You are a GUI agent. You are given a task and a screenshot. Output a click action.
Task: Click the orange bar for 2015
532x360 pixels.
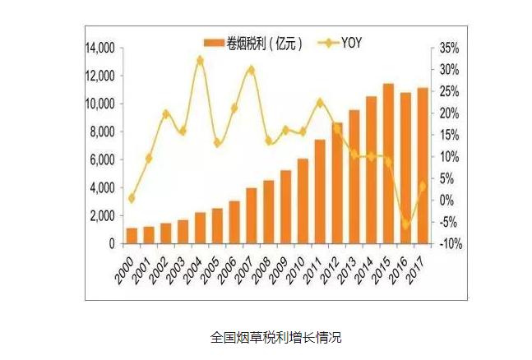388,164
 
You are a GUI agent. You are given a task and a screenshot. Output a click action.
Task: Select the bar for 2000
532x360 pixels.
132,236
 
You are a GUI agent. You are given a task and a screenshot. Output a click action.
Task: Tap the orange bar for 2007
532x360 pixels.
252,216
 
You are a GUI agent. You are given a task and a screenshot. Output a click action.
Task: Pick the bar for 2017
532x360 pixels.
423,165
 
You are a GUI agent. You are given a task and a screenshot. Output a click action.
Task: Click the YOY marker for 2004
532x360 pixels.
200,61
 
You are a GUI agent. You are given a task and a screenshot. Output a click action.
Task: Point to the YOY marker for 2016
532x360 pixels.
406,224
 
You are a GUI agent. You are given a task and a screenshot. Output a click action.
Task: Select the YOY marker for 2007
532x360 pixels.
252,70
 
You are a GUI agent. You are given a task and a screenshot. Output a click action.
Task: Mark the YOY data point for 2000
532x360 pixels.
132,198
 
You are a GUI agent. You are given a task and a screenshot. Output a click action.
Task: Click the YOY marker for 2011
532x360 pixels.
320,103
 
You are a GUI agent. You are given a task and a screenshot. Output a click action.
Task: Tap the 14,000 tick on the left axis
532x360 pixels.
100,48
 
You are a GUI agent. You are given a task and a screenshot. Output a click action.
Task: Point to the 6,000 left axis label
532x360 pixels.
103,159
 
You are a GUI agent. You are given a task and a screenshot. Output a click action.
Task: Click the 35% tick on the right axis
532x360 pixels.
449,48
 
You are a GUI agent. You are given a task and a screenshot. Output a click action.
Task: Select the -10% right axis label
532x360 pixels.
451,243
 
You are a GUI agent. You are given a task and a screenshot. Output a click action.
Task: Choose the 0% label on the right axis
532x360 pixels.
446,201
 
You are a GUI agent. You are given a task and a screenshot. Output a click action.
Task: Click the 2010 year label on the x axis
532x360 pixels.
295,270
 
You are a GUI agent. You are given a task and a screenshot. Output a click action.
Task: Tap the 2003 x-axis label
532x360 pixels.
175,270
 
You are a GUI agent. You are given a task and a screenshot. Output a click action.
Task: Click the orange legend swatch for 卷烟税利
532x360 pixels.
214,43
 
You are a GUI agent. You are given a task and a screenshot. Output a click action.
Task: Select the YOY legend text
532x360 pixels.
351,43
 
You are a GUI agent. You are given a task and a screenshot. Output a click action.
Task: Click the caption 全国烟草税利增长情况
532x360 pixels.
275,338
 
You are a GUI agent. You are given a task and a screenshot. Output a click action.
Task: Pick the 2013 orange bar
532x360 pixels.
354,177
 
